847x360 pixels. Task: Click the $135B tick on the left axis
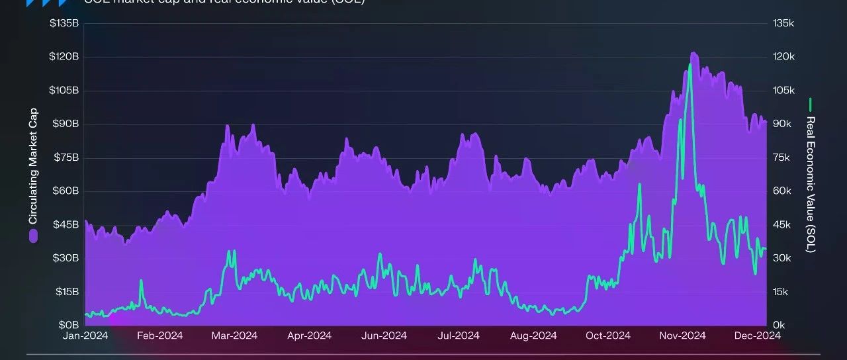64,24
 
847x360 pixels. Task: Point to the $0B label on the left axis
69,325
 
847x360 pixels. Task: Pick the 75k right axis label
781,157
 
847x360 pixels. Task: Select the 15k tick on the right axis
781,292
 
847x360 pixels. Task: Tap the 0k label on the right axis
779,325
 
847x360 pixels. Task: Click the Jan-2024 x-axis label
85,336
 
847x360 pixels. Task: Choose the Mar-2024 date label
234,336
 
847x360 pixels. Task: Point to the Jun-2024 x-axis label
384,336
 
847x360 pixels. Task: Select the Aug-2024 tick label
533,336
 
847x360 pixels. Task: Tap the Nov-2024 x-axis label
683,336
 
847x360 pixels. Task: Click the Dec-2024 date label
758,336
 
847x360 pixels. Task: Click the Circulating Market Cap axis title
34,165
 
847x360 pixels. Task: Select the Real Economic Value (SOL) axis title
810,185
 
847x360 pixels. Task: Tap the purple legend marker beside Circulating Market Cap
34,236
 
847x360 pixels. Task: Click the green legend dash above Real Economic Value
810,105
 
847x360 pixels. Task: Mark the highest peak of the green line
690,65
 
